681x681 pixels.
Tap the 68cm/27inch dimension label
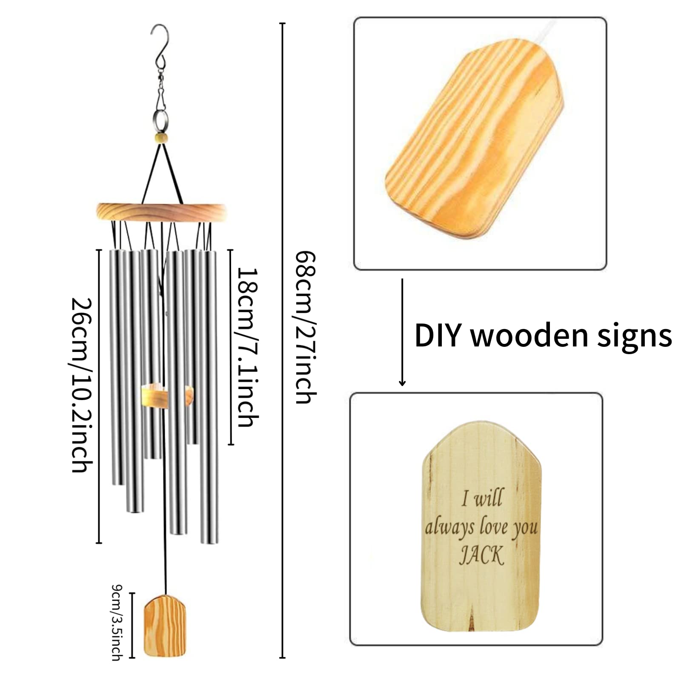click(306, 327)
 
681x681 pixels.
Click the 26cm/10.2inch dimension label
click(82, 385)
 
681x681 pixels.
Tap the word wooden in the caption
click(529, 336)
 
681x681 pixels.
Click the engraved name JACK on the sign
click(481, 555)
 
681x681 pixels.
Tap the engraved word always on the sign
click(450, 528)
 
